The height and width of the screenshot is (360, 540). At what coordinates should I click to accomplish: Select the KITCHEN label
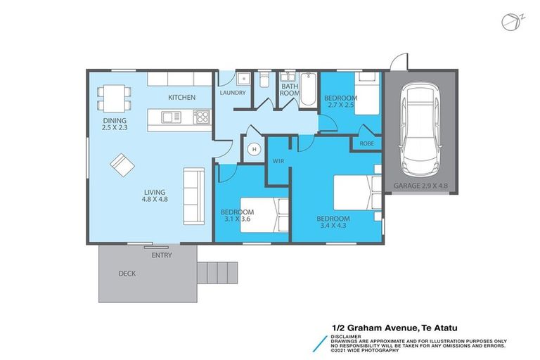click(181, 97)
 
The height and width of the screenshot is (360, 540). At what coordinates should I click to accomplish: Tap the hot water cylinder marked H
click(253, 149)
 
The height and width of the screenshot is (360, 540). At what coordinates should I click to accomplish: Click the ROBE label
click(366, 143)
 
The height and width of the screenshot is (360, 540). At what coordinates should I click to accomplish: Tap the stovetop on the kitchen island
click(201, 116)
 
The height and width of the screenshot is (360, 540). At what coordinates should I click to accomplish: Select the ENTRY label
click(161, 255)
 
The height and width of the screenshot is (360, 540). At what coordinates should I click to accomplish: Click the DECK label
click(127, 274)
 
